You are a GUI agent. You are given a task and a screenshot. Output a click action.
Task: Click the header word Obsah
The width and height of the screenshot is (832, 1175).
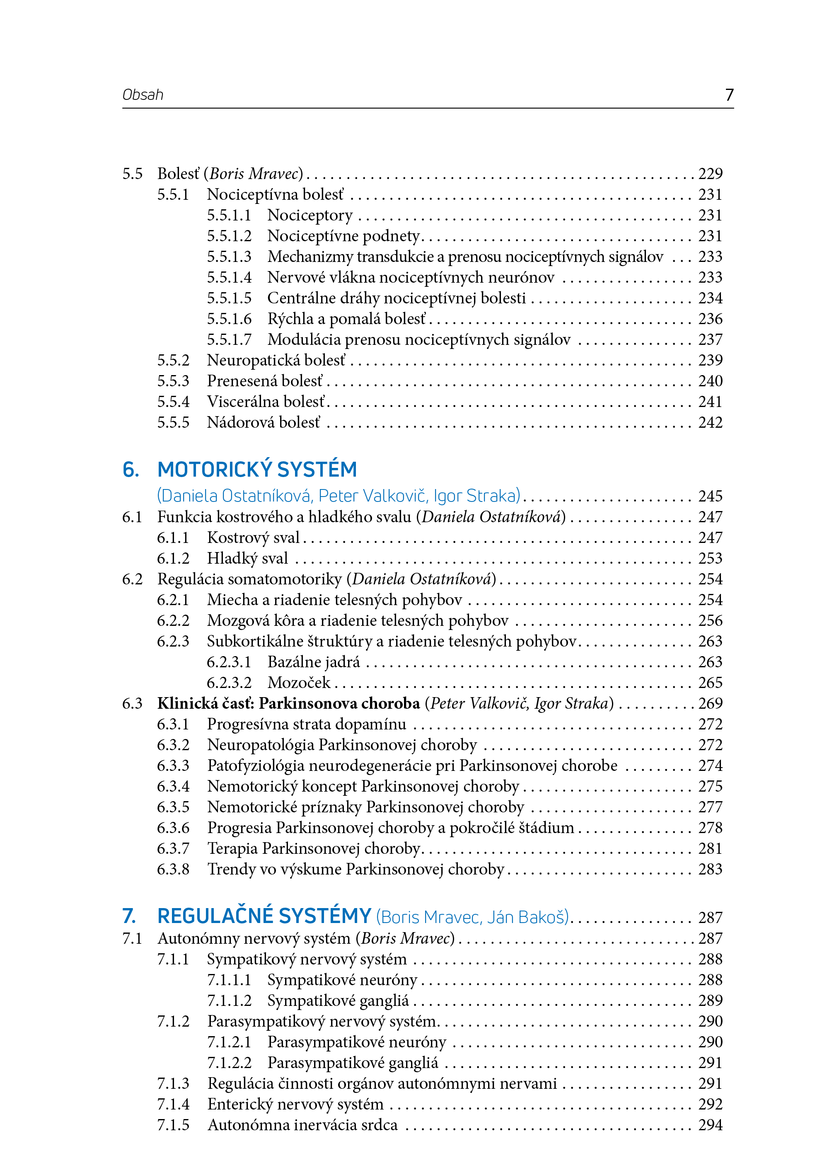[x=143, y=95]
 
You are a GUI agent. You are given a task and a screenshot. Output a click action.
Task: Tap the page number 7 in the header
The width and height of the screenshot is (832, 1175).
[x=729, y=95]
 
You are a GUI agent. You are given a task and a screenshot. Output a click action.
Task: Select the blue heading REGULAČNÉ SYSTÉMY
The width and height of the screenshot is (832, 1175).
[x=264, y=917]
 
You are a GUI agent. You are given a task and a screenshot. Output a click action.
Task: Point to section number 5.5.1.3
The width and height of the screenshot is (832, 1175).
[x=229, y=257]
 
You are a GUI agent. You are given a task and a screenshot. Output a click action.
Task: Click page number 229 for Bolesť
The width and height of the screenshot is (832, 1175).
[x=710, y=174]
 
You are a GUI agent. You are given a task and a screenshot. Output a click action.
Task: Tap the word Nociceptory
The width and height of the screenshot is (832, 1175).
[x=310, y=215]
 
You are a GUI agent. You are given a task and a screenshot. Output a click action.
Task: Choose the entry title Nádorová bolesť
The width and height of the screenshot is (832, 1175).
[x=264, y=423]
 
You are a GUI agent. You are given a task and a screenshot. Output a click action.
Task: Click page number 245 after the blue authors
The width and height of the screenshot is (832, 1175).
[x=710, y=496]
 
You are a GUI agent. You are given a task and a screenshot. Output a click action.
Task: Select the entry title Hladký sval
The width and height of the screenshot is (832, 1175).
[x=247, y=558]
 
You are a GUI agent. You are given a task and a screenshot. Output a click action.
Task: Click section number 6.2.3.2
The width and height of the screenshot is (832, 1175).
[x=229, y=683]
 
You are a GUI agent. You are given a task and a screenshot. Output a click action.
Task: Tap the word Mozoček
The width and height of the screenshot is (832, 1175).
[x=299, y=683]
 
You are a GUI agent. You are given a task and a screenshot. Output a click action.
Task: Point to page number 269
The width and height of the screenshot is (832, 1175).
[x=710, y=704]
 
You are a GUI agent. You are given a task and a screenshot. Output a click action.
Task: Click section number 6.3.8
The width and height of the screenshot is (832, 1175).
[x=173, y=869]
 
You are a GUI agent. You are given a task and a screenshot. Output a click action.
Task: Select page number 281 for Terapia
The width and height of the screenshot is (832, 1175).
[x=710, y=848]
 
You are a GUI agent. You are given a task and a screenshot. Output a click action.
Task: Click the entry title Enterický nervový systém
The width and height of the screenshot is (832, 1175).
[x=295, y=1104]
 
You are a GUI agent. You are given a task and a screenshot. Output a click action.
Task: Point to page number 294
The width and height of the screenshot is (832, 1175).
[x=710, y=1125]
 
